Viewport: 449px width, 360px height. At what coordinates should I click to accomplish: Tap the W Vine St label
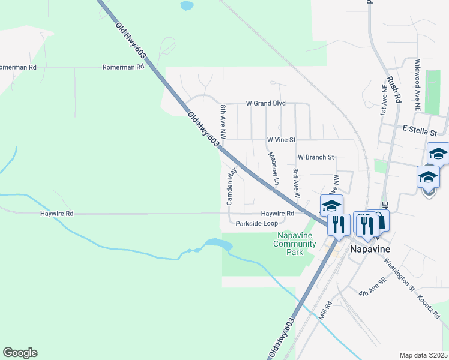click(x=282, y=140)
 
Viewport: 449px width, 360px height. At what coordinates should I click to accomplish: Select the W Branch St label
click(x=315, y=157)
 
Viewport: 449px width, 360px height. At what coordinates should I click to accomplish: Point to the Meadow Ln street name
click(x=274, y=168)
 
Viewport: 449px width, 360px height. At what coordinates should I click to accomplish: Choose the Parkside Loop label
click(x=256, y=223)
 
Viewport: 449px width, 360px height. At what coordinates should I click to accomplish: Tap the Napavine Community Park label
click(x=295, y=244)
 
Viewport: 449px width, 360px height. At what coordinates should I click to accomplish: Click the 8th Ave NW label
click(x=223, y=122)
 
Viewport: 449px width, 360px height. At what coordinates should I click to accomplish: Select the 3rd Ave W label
click(x=296, y=182)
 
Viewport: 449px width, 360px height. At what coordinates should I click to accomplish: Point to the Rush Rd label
click(x=393, y=90)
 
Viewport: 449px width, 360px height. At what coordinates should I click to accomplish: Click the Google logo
click(x=20, y=353)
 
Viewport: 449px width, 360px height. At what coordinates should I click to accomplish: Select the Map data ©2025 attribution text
click(x=423, y=355)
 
